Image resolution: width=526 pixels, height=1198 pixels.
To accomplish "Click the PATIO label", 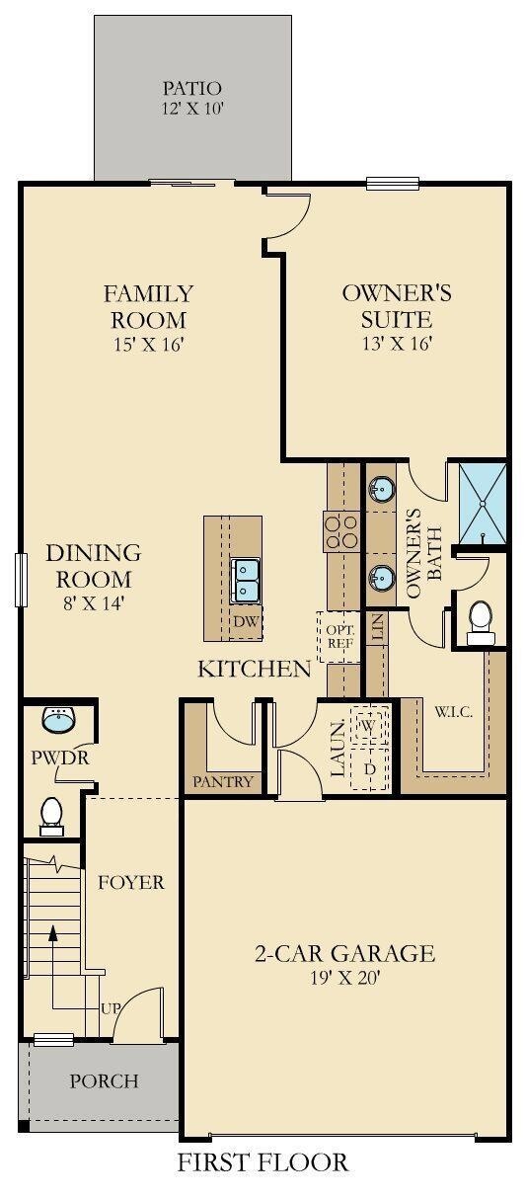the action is tap(191, 88).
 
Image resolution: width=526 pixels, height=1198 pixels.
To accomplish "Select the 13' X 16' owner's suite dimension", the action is tap(397, 344).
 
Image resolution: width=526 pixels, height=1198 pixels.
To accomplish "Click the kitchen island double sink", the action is tap(245, 581).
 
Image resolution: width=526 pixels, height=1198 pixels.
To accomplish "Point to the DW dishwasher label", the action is tap(247, 621).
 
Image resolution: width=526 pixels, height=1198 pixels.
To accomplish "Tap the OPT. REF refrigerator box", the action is tap(339, 637).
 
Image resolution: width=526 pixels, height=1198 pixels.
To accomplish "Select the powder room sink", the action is tap(58, 720).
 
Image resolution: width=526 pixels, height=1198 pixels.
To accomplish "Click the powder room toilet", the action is tap(52, 817).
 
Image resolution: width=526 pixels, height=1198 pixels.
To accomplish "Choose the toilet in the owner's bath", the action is tap(481, 623).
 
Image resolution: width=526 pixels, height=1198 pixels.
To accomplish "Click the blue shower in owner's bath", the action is tap(483, 504).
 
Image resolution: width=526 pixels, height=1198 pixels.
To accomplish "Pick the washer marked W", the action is tap(368, 725).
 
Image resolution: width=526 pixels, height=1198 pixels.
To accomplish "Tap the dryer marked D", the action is tap(368, 769).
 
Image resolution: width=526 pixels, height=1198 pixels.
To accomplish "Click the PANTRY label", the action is tap(222, 782).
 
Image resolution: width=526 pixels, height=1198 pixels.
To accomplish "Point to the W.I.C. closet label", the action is tap(453, 712).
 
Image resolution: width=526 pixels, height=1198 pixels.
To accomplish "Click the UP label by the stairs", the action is tap(111, 1008).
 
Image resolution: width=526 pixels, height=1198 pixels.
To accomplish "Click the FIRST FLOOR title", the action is tap(263, 1161).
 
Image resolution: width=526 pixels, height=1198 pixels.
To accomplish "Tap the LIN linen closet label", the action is tap(378, 628).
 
